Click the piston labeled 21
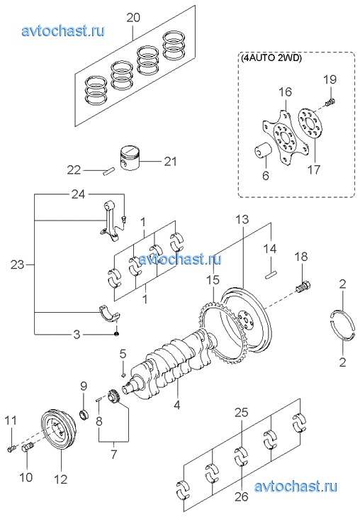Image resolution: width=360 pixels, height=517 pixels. click(x=130, y=157)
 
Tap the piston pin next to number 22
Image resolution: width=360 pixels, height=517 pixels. click(x=108, y=172)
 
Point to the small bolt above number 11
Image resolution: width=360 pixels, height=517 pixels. click(x=11, y=448)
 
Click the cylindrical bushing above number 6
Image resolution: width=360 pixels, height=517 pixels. click(x=263, y=152)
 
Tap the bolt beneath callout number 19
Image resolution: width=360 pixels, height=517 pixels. click(x=330, y=103)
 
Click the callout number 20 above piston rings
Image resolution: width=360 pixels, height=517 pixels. click(x=133, y=18)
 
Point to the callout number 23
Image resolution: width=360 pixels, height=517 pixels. click(x=18, y=264)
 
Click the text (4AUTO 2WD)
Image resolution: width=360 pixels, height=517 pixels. click(x=271, y=58)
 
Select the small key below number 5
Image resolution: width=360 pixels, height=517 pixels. click(x=123, y=374)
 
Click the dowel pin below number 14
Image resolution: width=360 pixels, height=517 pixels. click(x=271, y=275)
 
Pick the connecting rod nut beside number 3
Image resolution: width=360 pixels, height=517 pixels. click(x=116, y=334)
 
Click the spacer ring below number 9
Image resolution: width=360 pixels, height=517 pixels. click(x=85, y=413)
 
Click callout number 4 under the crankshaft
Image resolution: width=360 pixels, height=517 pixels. click(x=177, y=404)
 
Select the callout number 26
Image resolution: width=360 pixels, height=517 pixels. click(x=241, y=496)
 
